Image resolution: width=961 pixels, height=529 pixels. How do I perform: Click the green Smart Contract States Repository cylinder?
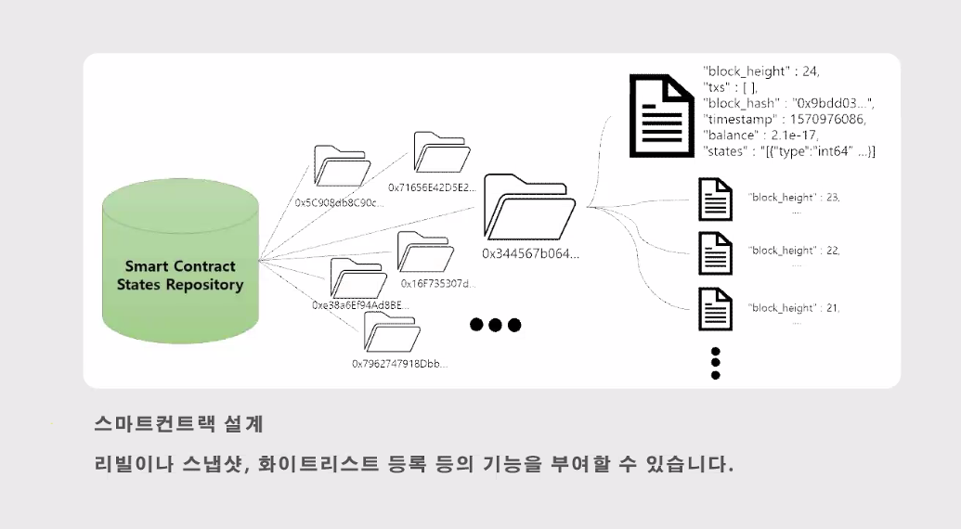click(x=180, y=264)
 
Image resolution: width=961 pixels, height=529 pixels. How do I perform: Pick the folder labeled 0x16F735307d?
click(x=424, y=252)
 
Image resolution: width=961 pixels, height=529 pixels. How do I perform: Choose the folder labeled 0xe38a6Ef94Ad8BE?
click(x=358, y=278)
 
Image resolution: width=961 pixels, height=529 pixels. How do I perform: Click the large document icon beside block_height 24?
click(x=659, y=115)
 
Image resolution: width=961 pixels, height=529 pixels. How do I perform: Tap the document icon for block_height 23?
click(x=715, y=198)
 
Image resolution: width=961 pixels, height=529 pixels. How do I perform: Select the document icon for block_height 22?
click(x=715, y=252)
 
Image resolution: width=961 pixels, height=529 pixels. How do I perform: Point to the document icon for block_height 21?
click(x=715, y=309)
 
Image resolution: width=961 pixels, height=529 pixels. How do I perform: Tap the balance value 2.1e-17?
click(x=795, y=135)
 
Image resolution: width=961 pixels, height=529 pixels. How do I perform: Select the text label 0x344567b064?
click(x=530, y=253)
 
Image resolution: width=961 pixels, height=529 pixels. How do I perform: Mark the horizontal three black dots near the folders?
click(x=495, y=325)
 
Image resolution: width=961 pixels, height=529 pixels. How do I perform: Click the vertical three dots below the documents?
click(x=715, y=363)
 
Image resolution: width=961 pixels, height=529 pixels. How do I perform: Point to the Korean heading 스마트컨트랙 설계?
click(x=179, y=424)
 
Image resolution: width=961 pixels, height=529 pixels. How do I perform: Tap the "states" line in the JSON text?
click(x=789, y=150)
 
